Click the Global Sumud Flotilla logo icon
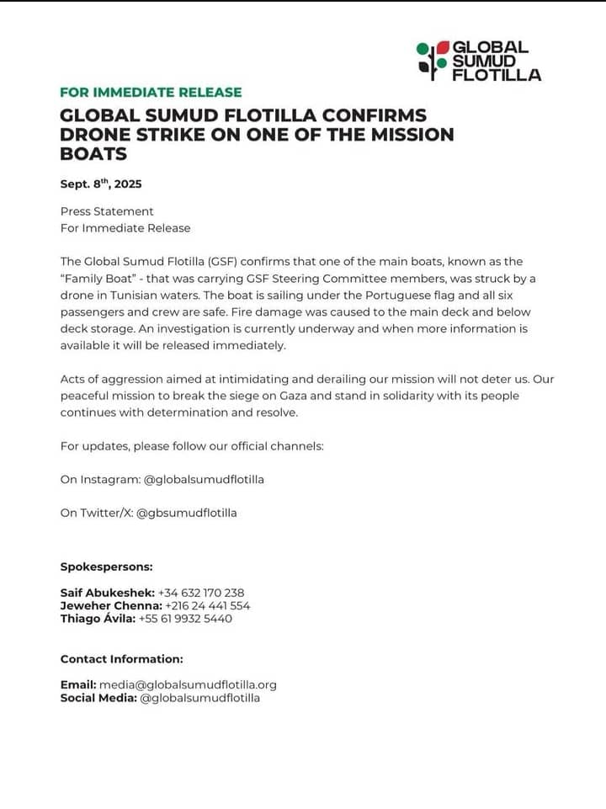(x=433, y=60)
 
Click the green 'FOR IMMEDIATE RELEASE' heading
(x=151, y=93)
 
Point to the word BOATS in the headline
(x=93, y=154)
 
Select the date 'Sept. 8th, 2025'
(x=101, y=184)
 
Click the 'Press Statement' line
(x=107, y=211)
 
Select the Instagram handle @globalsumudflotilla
(x=204, y=479)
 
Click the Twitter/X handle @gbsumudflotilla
(x=186, y=513)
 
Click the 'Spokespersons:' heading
(x=106, y=567)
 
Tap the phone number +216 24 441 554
(x=208, y=605)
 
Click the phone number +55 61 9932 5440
(x=185, y=619)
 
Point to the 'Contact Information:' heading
(x=121, y=659)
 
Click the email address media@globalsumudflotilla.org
(x=188, y=684)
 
